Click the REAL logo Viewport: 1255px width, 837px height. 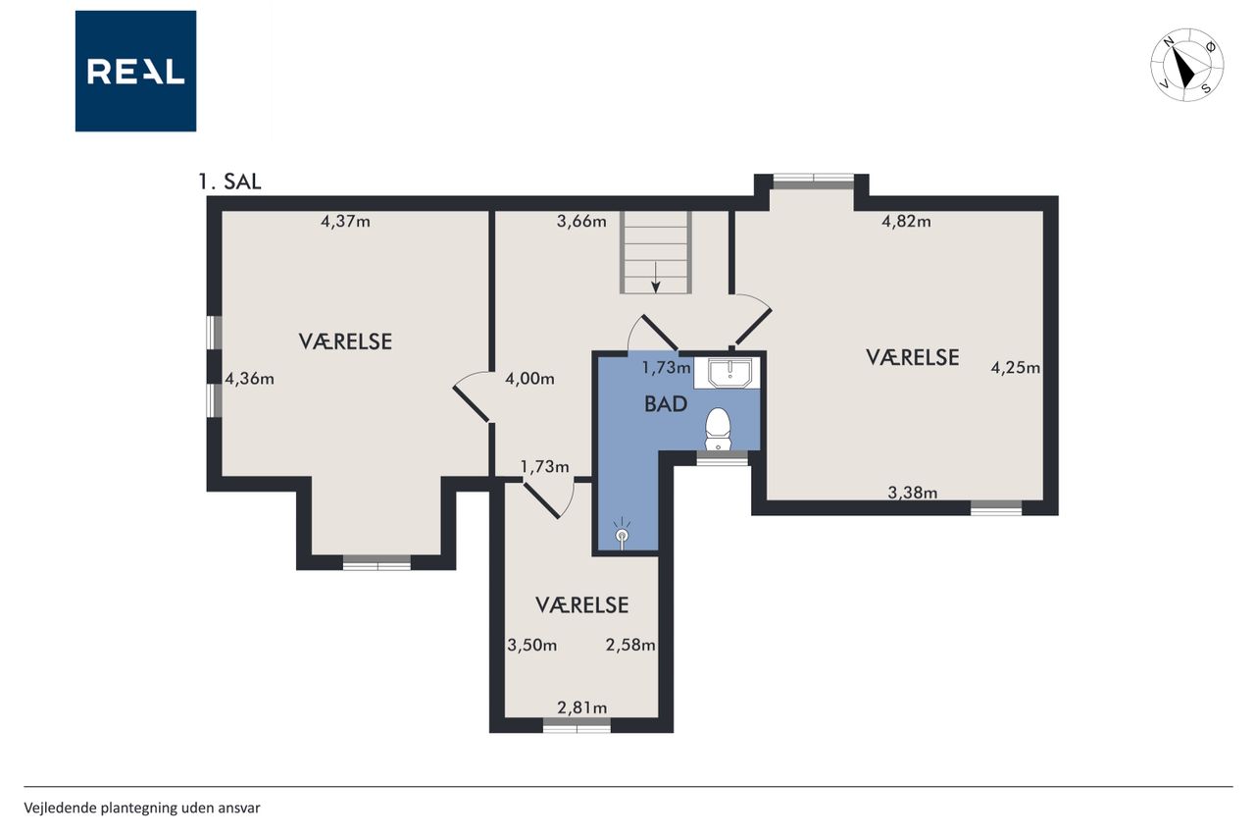pyautogui.click(x=135, y=72)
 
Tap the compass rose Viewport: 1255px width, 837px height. pyautogui.click(x=1186, y=65)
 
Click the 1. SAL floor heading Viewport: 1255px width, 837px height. pyautogui.click(x=229, y=182)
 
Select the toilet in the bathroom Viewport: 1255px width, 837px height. pyautogui.click(x=718, y=429)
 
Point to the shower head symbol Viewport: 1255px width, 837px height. pyautogui.click(x=622, y=532)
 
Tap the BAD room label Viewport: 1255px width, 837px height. pyautogui.click(x=666, y=404)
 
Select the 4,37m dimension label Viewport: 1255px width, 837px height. pyautogui.click(x=345, y=222)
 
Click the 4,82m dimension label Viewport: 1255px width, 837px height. pyautogui.click(x=906, y=222)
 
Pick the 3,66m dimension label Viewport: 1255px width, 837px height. pyautogui.click(x=581, y=222)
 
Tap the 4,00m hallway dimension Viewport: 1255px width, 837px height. pyautogui.click(x=529, y=380)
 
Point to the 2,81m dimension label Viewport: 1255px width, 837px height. pyautogui.click(x=582, y=708)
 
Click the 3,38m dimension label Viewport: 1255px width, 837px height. pyautogui.click(x=913, y=493)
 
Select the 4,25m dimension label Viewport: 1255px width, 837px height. pyautogui.click(x=1015, y=368)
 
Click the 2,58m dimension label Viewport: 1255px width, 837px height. pyautogui.click(x=630, y=646)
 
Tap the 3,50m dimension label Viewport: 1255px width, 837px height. pyautogui.click(x=531, y=646)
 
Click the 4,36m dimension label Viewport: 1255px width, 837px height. pyautogui.click(x=249, y=380)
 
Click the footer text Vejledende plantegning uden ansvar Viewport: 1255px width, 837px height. pyautogui.click(x=142, y=808)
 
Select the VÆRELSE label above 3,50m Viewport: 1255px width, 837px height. pyautogui.click(x=581, y=605)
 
